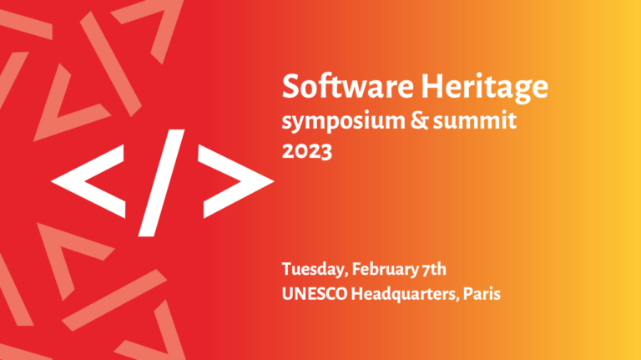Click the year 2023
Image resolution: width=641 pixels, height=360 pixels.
pyautogui.click(x=306, y=152)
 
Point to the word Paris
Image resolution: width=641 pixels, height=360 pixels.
pyautogui.click(x=482, y=294)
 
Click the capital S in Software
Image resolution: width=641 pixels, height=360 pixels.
pyautogui.click(x=290, y=87)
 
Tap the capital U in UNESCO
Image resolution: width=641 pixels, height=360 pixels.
pyautogui.click(x=287, y=294)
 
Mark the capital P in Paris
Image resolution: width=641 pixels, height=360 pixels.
pyautogui.click(x=469, y=294)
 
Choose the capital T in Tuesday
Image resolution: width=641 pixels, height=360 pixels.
pyautogui.click(x=286, y=269)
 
